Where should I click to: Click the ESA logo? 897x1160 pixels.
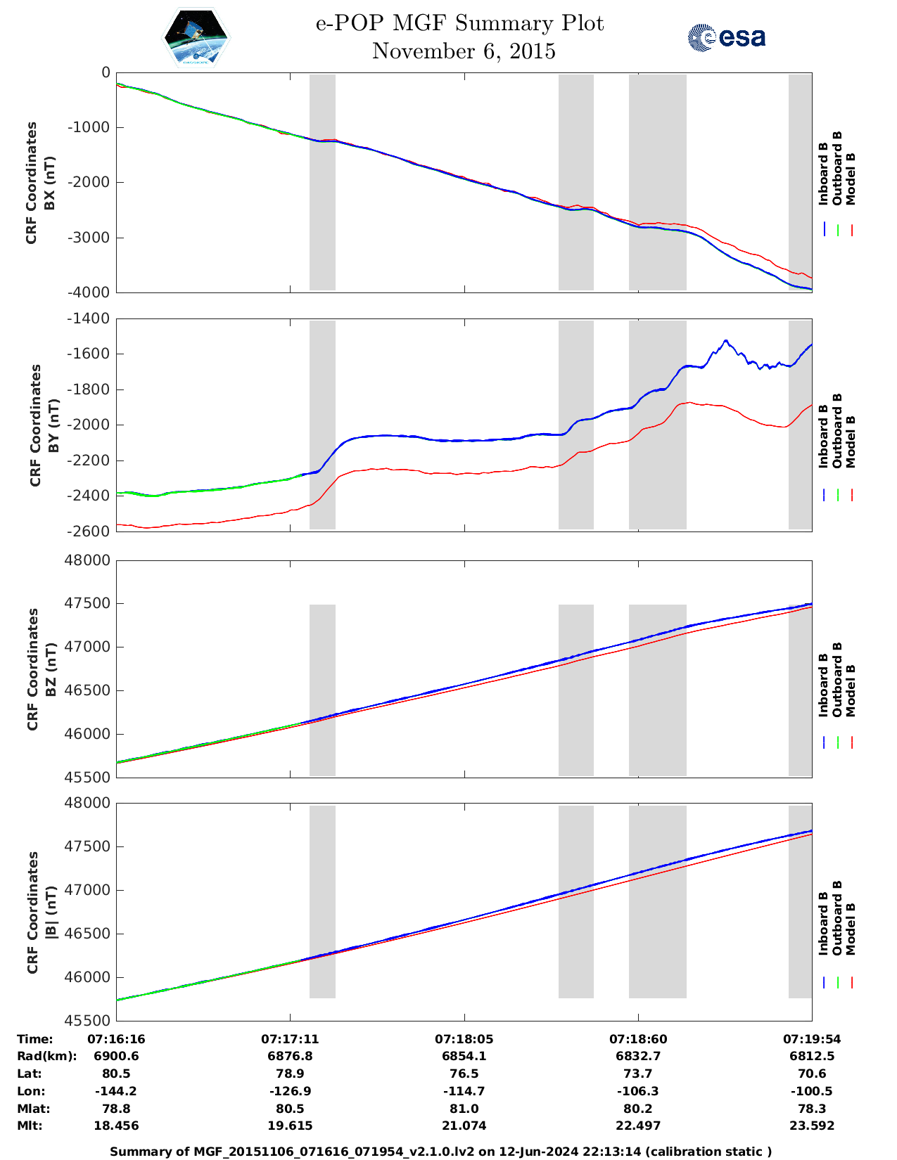(726, 37)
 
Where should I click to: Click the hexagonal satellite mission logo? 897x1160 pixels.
(196, 37)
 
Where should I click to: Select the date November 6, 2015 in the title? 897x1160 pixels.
(464, 51)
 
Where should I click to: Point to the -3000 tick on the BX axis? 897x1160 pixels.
(91, 237)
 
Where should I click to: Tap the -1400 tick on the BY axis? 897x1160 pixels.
(88, 318)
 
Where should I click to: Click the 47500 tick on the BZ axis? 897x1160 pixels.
(87, 604)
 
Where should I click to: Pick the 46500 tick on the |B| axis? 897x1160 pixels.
(87, 934)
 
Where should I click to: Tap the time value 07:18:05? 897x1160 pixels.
(464, 1039)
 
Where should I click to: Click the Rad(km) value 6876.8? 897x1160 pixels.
(290, 1056)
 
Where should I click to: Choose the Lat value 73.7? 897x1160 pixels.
(637, 1074)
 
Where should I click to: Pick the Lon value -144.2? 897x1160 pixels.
(116, 1091)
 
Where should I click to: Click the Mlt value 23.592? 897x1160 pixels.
(812, 1126)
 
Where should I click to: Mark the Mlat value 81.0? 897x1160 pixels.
(464, 1109)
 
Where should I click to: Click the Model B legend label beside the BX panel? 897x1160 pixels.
(851, 179)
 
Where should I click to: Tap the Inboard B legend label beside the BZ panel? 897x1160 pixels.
(823, 685)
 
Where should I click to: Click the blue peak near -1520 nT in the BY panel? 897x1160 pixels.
(725, 340)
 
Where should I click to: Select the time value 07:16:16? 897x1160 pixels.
(116, 1039)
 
